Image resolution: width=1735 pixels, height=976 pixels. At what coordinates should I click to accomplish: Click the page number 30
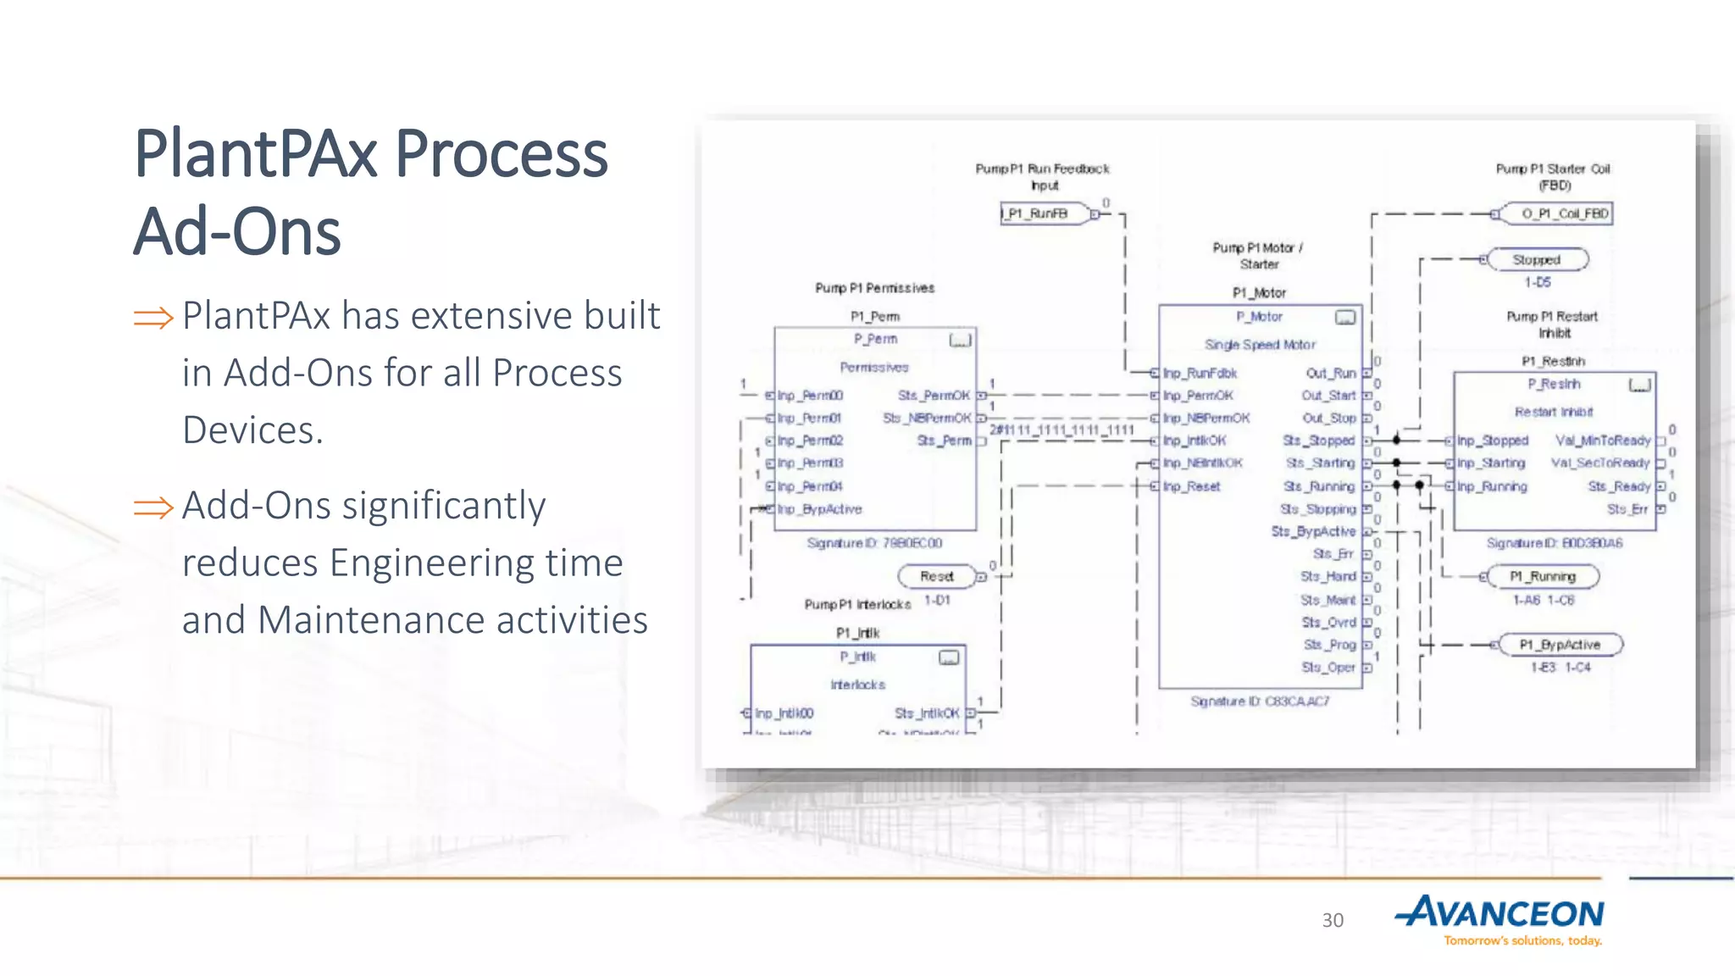1333,920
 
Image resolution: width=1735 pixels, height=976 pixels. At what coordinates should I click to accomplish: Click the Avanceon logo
1500,919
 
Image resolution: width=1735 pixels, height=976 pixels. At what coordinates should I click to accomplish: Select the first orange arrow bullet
153,318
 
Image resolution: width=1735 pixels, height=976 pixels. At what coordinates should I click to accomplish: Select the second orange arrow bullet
153,507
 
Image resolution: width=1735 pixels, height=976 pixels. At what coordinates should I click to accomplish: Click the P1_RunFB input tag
1040,213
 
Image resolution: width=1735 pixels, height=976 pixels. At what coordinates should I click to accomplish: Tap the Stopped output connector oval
1537,260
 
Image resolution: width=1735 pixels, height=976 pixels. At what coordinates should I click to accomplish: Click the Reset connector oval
936,576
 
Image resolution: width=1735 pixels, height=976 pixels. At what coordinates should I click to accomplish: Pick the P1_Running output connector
1543,576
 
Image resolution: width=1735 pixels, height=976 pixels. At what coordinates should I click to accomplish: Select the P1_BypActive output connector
1559,645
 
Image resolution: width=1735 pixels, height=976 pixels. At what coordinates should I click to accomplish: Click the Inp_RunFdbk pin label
1200,373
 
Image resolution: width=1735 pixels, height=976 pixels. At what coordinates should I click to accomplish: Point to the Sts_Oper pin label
1328,668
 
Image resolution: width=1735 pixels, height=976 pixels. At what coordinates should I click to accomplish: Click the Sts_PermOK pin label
934,396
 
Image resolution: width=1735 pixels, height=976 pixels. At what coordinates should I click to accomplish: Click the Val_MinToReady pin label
1603,441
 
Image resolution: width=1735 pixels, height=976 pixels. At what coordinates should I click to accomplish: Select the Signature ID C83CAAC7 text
1260,701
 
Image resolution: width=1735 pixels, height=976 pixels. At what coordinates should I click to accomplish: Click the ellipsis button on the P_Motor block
1345,318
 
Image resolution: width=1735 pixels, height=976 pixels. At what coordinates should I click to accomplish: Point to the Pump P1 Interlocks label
857,604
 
